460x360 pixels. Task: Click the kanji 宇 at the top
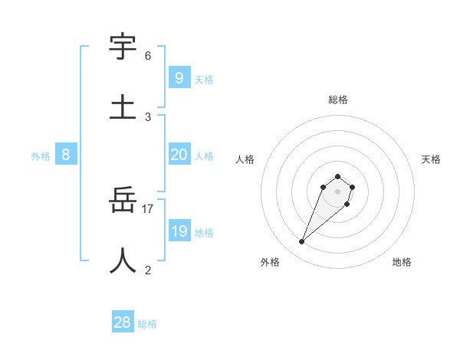click(123, 47)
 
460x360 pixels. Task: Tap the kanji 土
click(123, 106)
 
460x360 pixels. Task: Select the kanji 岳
click(123, 201)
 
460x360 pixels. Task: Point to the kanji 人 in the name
click(123, 260)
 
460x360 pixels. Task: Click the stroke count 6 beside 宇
click(148, 56)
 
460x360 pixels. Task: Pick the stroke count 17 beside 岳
click(148, 209)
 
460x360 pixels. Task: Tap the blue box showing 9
click(179, 77)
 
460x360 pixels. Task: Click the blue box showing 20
click(179, 155)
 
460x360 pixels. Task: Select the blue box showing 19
click(179, 231)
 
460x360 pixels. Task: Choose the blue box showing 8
click(66, 155)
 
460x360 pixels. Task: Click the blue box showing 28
click(123, 322)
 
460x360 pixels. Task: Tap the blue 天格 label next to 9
click(203, 79)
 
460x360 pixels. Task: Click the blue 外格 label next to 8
click(41, 156)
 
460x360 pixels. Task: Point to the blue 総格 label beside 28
click(147, 324)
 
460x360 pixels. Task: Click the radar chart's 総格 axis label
click(338, 100)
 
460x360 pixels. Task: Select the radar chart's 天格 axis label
click(431, 159)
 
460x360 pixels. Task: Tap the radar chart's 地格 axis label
click(402, 262)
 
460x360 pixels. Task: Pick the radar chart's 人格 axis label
click(245, 159)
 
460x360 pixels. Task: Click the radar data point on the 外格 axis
click(302, 242)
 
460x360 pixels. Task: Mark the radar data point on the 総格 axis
click(338, 176)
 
